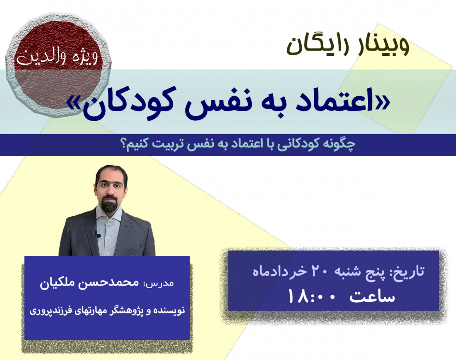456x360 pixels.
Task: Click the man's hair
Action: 111,173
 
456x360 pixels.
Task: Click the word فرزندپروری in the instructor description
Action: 49,310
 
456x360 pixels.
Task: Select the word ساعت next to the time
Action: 372,297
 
